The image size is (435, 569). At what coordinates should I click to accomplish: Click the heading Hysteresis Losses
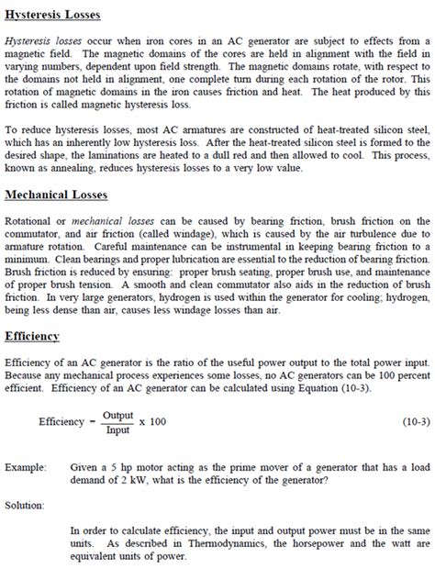pos(52,16)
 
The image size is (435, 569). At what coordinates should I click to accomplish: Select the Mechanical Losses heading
pos(56,195)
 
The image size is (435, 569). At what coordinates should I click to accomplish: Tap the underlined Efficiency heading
pos(32,336)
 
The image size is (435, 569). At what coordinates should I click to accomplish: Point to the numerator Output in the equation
pos(118,415)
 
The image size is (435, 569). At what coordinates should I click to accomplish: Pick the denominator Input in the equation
pos(117,429)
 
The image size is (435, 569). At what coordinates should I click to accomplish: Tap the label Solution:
pos(26,504)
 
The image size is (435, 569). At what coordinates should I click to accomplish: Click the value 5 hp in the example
pos(117,466)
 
